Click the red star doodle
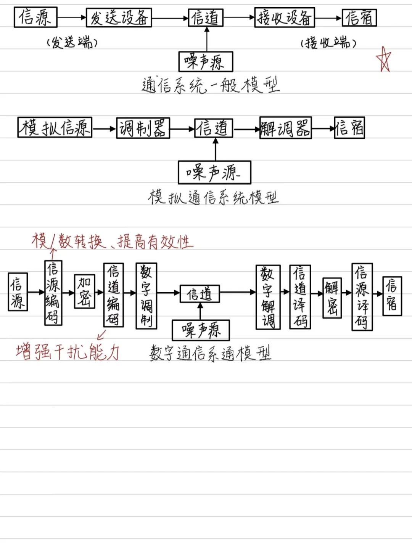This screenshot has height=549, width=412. coord(384,59)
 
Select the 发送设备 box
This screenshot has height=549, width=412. coord(119,18)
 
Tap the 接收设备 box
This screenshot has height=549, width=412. coord(285,18)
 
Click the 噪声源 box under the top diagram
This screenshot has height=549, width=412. coord(206,62)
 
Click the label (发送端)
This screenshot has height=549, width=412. coord(72,42)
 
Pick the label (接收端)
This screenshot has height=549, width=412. coord(328,43)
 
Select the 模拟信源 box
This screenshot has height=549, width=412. coord(55,128)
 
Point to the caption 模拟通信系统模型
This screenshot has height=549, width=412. coord(213,197)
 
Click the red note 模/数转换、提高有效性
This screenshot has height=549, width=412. coord(113,242)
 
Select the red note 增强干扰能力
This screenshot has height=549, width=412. coord(68,352)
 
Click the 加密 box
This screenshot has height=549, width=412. coord(84,291)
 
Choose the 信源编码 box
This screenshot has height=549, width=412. coord(53,293)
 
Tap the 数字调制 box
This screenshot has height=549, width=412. coord(146,296)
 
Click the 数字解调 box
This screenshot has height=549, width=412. coord(268,297)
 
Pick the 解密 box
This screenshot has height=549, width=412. coord(332,297)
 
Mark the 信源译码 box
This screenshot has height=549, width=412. coord(362,296)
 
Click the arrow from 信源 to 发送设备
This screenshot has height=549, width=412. coord(72,18)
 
